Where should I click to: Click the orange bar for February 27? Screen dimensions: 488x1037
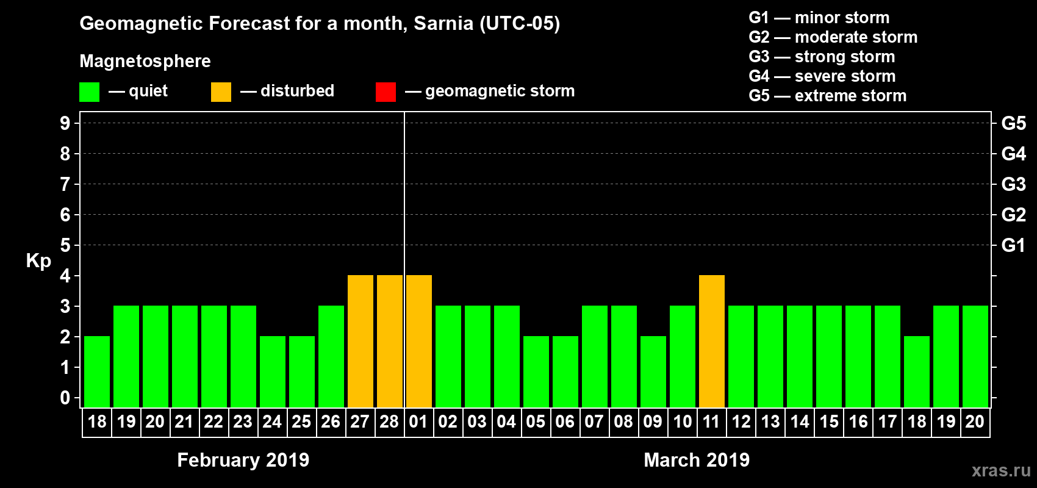(x=360, y=341)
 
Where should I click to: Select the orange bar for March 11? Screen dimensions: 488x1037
(x=711, y=341)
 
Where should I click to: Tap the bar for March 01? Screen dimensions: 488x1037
(x=418, y=341)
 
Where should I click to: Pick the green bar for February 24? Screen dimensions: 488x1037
(x=272, y=371)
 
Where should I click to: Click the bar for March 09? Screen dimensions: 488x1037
(x=653, y=371)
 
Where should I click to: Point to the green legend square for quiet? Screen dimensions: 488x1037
(x=89, y=92)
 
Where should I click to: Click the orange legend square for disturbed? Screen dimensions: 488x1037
(x=221, y=92)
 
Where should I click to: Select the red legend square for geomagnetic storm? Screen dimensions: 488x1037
(x=386, y=92)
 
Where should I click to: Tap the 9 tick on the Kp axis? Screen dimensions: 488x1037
(x=65, y=123)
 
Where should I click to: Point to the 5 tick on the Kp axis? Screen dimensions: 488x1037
(x=65, y=245)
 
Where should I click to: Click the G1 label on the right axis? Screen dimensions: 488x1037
(x=1013, y=245)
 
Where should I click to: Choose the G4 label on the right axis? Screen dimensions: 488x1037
(x=1013, y=154)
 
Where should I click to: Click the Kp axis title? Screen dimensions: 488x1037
(x=38, y=260)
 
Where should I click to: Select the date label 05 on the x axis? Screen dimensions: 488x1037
(x=536, y=422)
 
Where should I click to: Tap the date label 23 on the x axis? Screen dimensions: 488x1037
(x=243, y=422)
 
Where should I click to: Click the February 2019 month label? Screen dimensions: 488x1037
(x=243, y=460)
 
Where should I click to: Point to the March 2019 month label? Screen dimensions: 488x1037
(x=697, y=460)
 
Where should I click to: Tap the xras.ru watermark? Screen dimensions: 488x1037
(x=1001, y=470)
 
